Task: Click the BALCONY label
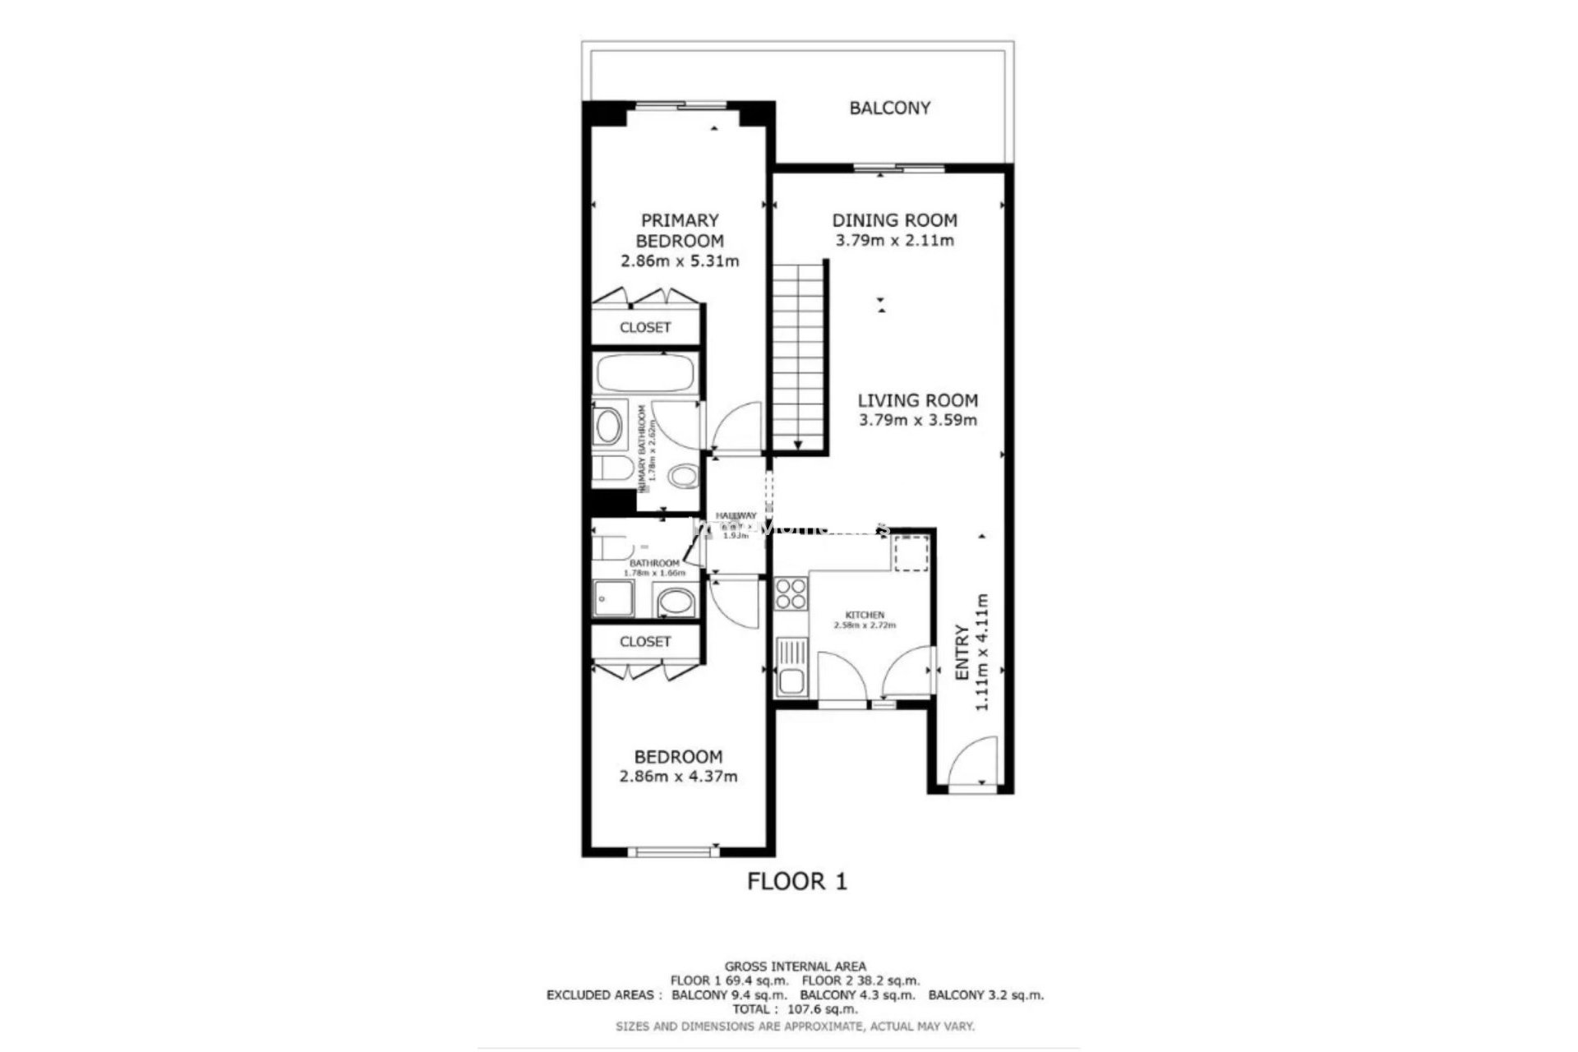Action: click(889, 108)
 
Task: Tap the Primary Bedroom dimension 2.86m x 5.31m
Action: click(680, 261)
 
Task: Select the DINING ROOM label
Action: click(894, 220)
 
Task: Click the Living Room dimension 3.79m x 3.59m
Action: click(917, 421)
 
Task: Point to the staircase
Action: click(798, 358)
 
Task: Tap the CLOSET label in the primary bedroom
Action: click(645, 327)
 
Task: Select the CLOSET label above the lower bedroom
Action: click(645, 641)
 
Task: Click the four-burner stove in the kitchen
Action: click(791, 593)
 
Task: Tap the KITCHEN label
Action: click(865, 615)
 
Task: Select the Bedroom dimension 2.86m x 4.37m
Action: click(678, 777)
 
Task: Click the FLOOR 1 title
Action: click(796, 882)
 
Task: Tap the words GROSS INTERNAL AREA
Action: click(795, 967)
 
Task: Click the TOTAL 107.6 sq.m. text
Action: click(795, 1008)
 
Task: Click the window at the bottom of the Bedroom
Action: click(674, 852)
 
